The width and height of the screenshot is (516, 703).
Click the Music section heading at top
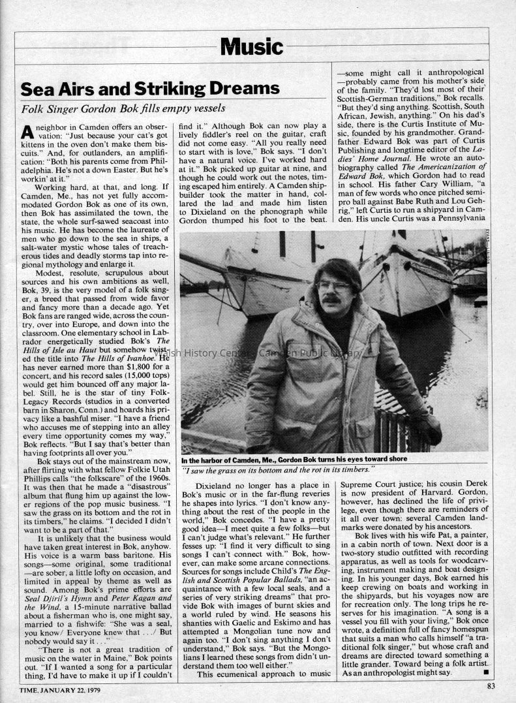[x=251, y=46]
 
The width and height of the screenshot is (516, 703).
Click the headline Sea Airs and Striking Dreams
[x=150, y=88]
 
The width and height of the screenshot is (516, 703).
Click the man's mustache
[x=331, y=300]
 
